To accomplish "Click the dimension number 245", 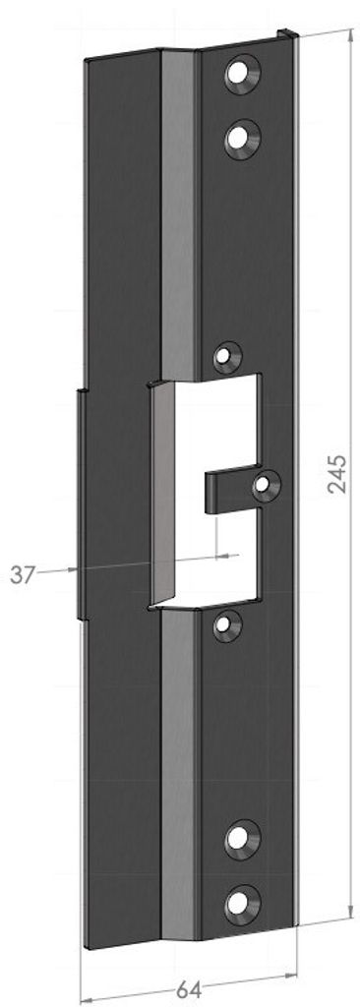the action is [336, 473].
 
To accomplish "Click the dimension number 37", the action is [23, 574].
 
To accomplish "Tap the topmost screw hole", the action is [242, 73].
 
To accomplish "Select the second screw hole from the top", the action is [242, 138].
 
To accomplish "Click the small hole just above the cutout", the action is [227, 357].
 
